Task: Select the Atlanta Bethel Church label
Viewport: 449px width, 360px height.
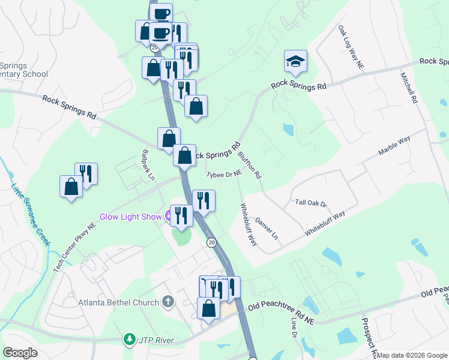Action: (119, 302)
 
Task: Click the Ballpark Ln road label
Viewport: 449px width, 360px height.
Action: (147, 165)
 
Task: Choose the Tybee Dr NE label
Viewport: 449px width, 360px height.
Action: (223, 174)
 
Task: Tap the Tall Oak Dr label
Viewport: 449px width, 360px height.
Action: (310, 203)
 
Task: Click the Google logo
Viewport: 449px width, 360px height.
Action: (20, 353)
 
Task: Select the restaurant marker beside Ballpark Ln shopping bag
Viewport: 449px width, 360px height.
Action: (86, 174)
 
